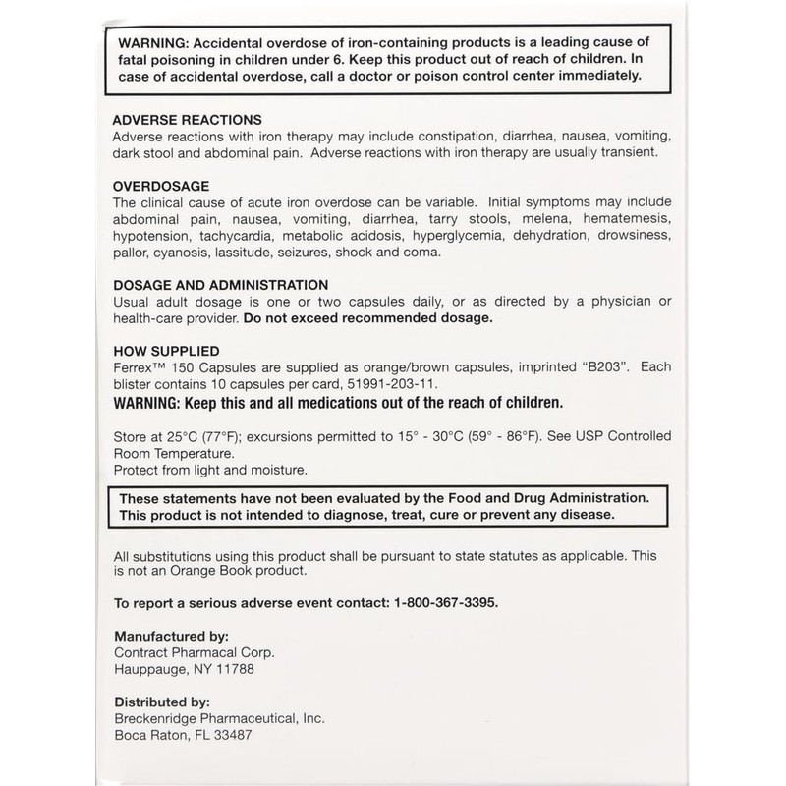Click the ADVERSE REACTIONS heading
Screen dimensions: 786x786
coord(187,117)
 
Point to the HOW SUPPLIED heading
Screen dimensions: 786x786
coord(166,349)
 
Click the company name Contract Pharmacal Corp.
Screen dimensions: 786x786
coord(192,652)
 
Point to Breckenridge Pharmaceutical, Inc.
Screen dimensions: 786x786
coord(219,719)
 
